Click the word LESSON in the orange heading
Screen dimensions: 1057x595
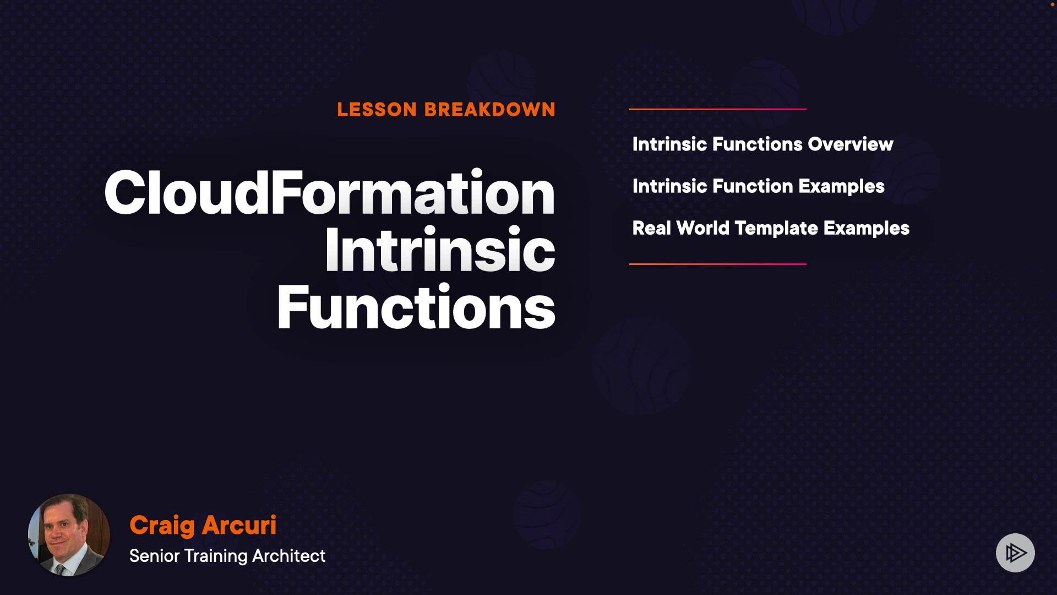point(377,110)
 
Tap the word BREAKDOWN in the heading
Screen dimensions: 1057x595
point(490,110)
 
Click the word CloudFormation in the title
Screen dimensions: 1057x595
point(330,192)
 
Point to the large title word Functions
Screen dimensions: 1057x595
point(416,307)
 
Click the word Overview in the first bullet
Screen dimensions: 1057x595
point(851,144)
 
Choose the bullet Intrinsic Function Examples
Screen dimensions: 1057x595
point(759,187)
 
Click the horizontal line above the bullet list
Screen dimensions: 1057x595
point(718,109)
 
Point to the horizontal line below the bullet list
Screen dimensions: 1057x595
point(718,264)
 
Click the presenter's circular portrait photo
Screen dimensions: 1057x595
point(69,535)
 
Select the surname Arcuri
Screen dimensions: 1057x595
point(239,525)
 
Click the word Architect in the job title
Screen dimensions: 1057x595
point(289,556)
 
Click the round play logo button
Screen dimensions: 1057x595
point(1015,553)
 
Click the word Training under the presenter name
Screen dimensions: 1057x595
point(216,556)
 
